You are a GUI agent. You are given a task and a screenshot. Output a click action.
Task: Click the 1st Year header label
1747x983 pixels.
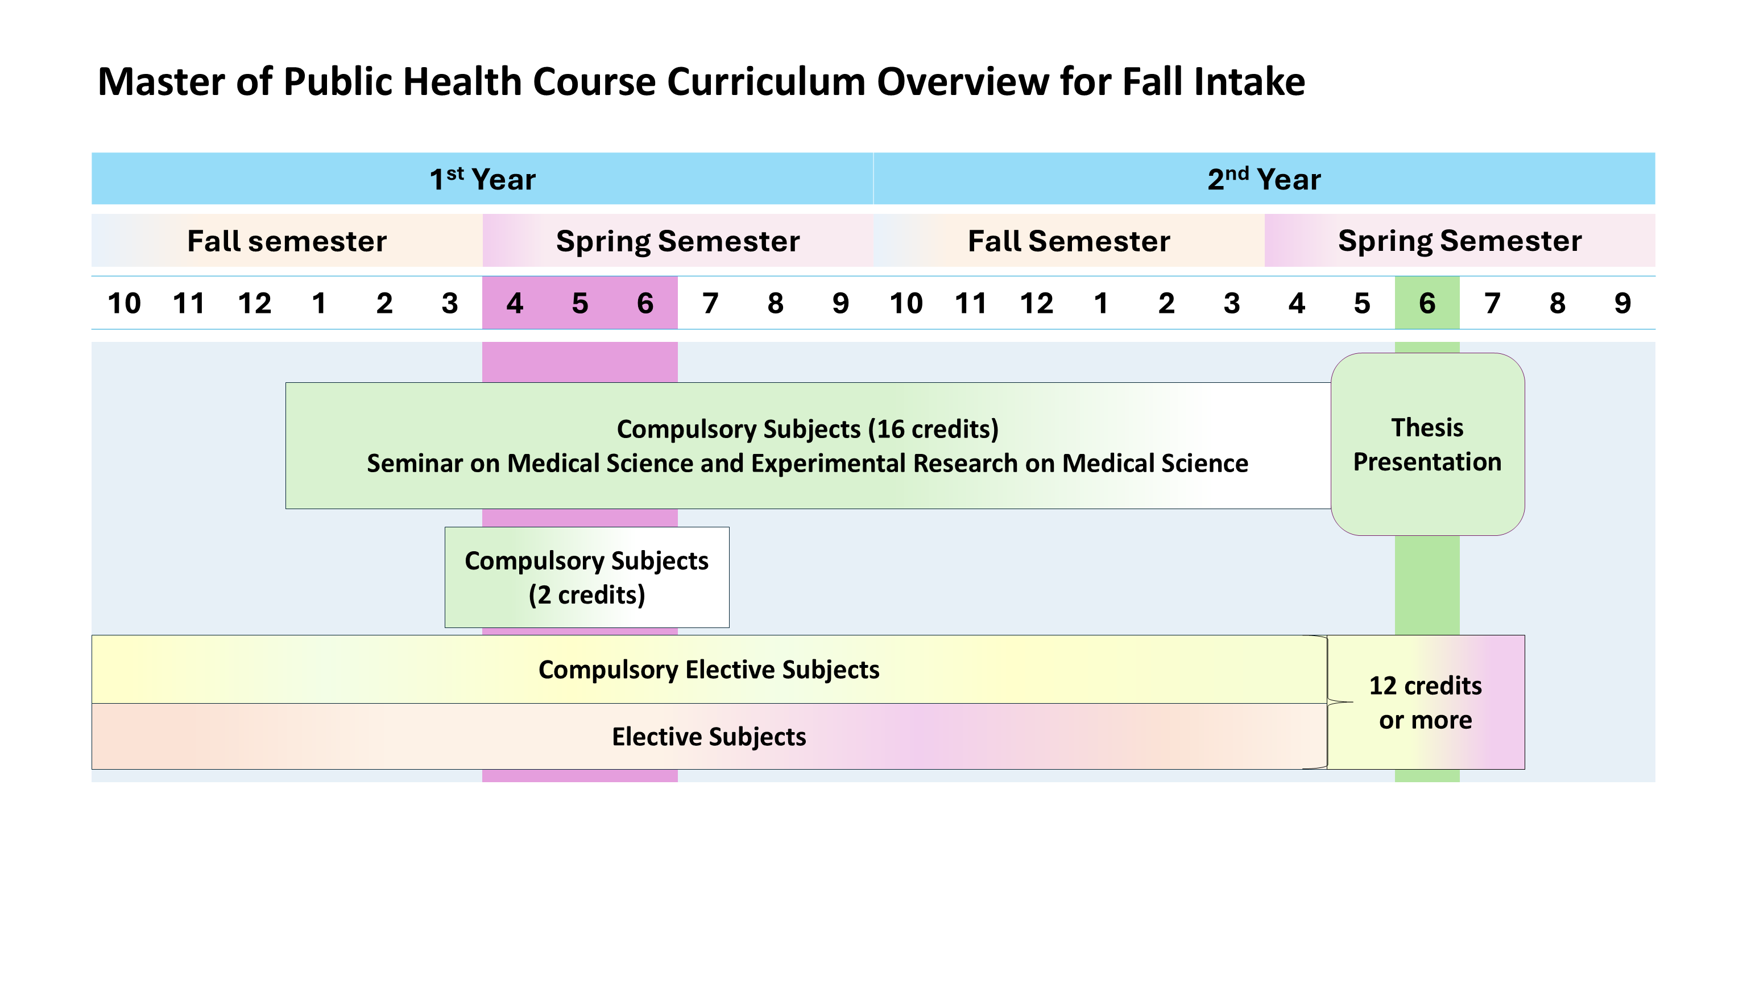(x=482, y=179)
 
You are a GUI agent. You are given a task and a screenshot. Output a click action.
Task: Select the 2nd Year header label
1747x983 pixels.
(x=1264, y=179)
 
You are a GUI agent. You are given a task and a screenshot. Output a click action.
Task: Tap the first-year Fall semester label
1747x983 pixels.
(x=287, y=241)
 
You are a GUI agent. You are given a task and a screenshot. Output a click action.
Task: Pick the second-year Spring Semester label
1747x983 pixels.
(x=1459, y=241)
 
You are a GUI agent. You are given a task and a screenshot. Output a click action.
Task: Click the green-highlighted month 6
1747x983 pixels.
(x=1427, y=303)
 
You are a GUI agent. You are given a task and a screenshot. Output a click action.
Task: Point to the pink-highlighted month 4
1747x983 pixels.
(x=515, y=303)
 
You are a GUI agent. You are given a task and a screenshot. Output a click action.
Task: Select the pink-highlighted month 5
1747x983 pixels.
(x=580, y=303)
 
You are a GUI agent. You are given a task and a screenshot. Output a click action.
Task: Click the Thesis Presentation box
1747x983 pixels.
(x=1427, y=444)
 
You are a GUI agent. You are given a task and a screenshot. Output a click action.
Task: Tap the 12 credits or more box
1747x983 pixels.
(x=1426, y=702)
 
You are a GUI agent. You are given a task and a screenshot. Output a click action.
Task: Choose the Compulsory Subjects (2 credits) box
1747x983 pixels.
(x=587, y=577)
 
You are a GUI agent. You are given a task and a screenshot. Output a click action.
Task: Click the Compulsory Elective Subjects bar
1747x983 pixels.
(x=709, y=670)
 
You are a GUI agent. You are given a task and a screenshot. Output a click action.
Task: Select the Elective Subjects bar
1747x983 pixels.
(x=709, y=737)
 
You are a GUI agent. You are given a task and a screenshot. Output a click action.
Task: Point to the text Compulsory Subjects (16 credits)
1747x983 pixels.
(x=807, y=429)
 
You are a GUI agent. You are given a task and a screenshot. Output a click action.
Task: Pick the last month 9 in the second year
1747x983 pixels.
(x=1622, y=303)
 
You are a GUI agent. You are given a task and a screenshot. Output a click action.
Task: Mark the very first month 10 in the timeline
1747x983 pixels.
(x=124, y=303)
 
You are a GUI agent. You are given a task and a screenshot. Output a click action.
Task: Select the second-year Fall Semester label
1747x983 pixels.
(x=1069, y=241)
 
